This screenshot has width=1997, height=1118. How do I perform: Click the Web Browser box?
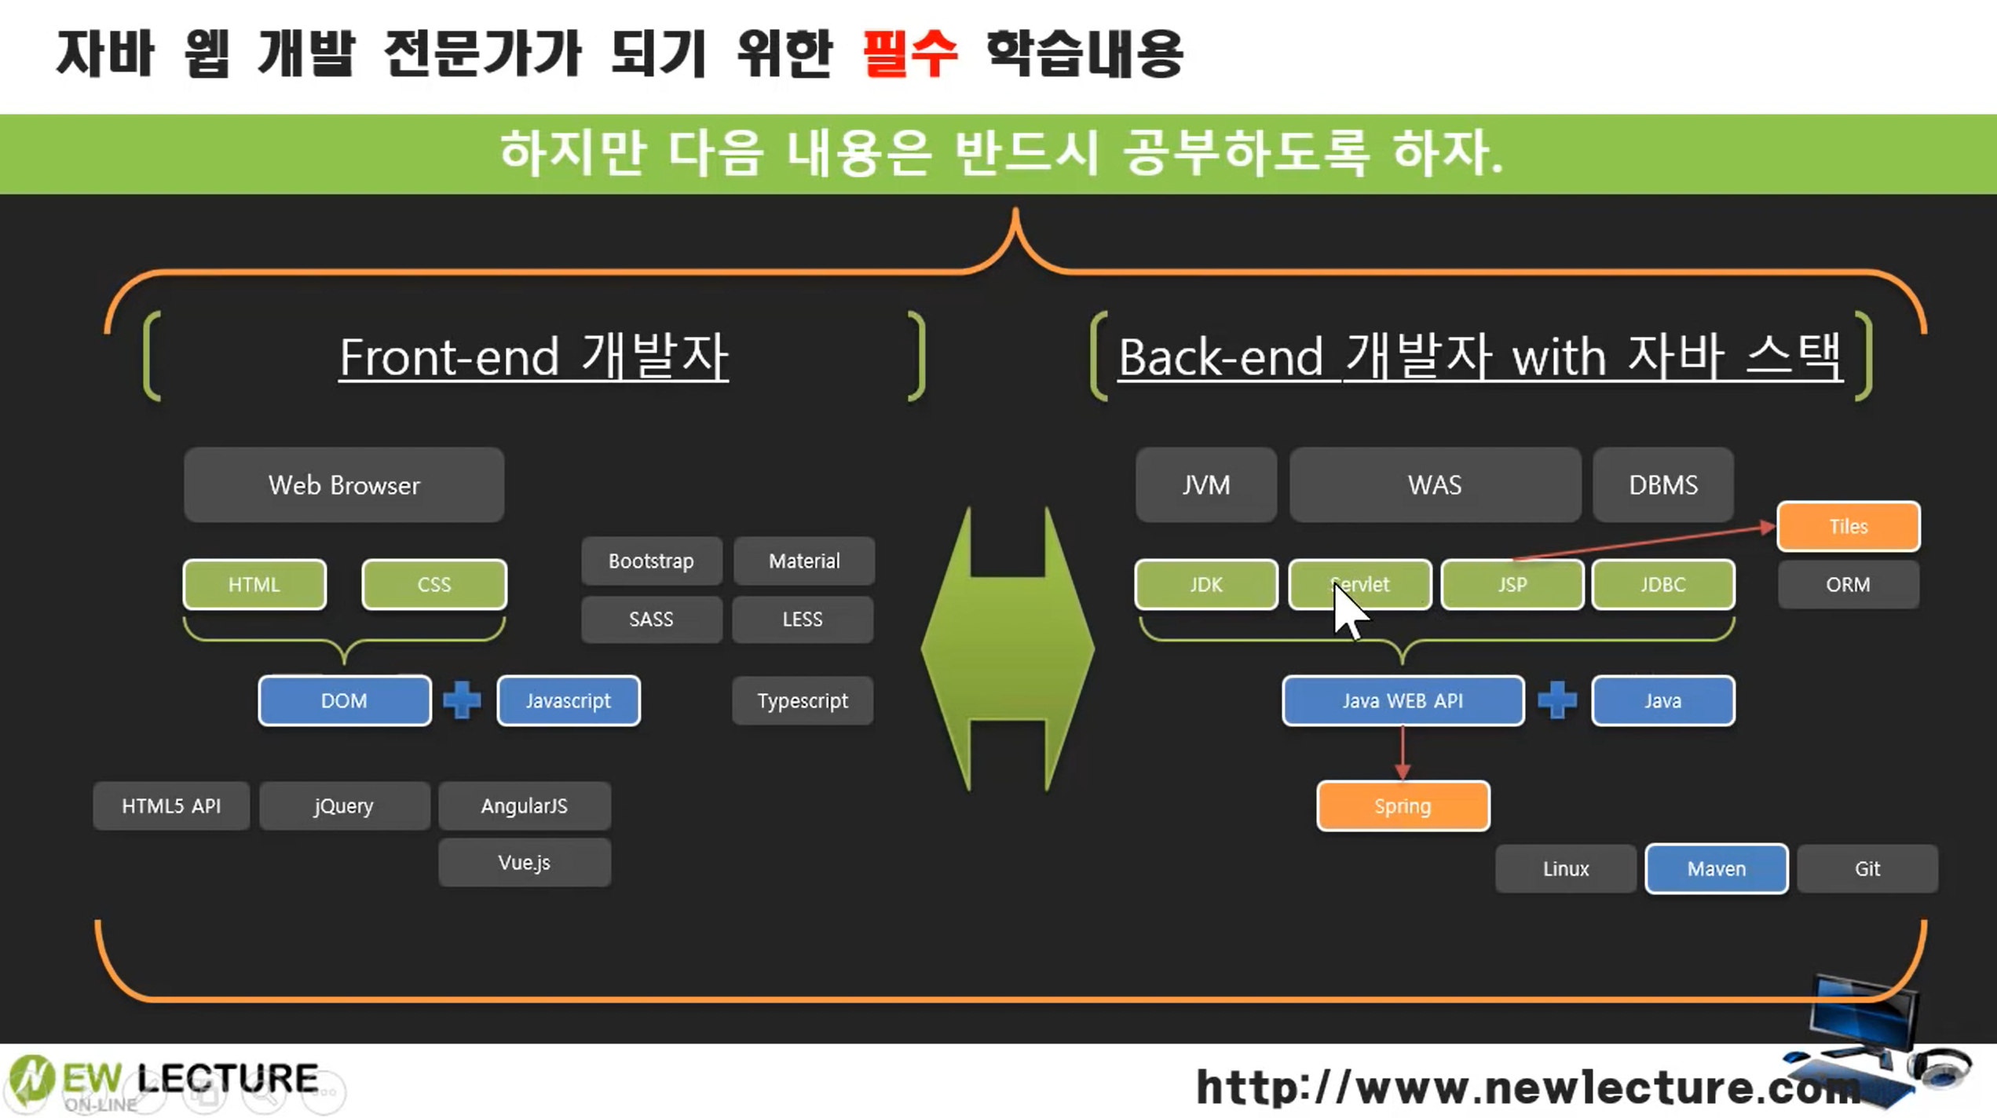[344, 485]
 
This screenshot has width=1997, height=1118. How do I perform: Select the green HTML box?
[254, 584]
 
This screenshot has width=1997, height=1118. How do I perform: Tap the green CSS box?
[433, 584]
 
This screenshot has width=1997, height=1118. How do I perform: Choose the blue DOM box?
[344, 700]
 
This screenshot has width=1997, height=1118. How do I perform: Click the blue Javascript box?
[568, 700]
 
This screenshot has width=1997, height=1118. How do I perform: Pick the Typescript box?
[802, 700]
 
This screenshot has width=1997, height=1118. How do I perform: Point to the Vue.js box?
[524, 862]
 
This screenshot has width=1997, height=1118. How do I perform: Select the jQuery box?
[344, 806]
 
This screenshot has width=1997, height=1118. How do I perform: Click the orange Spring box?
[1403, 806]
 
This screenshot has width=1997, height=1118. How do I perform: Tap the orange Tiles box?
[1848, 526]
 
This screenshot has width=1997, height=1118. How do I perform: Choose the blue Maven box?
[1716, 868]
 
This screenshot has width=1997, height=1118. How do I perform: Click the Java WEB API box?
[1403, 700]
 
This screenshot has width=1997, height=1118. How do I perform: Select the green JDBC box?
[1662, 584]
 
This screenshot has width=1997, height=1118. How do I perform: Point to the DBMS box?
[1662, 485]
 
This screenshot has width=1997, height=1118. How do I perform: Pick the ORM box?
[1848, 584]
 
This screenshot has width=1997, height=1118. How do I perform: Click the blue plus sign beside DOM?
[462, 700]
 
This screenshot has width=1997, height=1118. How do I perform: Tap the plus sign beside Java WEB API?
[1557, 700]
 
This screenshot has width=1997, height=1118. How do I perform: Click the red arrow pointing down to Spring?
[1403, 754]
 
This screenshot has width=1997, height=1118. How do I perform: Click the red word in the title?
[909, 53]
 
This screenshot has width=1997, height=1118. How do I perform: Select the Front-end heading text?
[533, 356]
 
